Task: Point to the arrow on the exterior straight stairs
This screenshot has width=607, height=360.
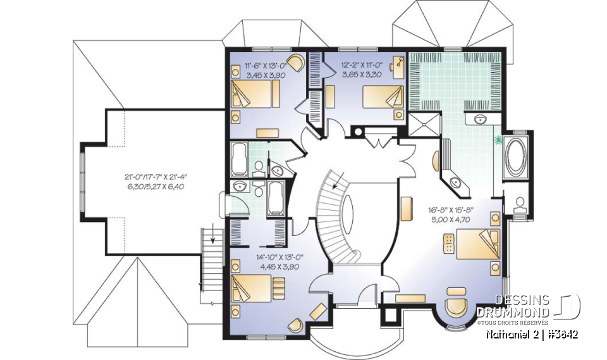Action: (x=213, y=240)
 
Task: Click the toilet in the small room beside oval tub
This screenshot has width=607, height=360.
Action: (x=520, y=204)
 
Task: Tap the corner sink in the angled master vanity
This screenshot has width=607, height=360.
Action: (x=456, y=182)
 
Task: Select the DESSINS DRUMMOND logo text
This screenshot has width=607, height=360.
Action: (x=513, y=306)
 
